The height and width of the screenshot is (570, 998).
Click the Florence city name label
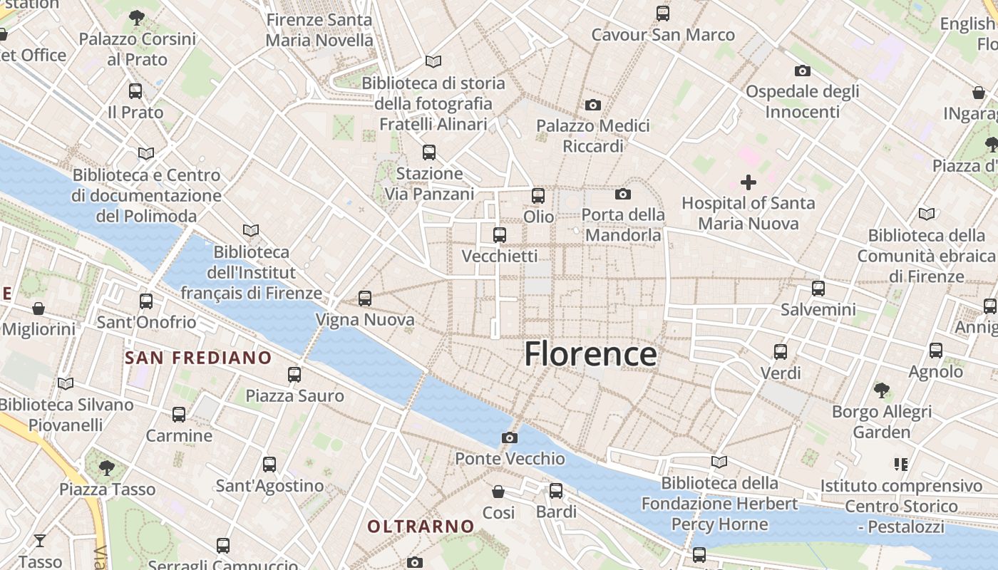590,354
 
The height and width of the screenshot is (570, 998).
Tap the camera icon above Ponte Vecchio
509,437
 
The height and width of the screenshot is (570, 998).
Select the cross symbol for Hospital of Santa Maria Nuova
748,182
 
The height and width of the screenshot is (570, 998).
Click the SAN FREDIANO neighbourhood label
198,358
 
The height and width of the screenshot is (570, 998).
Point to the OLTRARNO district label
421,527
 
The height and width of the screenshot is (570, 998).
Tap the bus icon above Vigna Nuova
365,299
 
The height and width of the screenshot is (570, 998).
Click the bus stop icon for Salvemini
818,289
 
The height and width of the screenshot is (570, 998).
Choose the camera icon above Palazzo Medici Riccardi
592,105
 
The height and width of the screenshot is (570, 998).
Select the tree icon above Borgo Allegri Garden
882,390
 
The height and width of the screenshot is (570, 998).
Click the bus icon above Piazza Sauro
294,374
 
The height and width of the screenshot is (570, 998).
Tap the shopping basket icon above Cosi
498,492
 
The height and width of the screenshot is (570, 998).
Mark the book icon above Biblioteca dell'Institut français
251,230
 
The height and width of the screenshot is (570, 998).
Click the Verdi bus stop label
781,373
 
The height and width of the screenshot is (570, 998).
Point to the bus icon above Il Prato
135,91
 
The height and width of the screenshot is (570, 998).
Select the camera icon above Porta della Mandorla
622,194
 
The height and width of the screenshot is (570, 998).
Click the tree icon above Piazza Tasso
107,467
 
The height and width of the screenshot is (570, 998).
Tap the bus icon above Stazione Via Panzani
428,152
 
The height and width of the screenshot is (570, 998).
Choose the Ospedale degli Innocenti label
802,101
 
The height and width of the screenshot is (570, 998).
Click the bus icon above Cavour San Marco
662,13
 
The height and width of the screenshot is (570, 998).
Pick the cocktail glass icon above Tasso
40,540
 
